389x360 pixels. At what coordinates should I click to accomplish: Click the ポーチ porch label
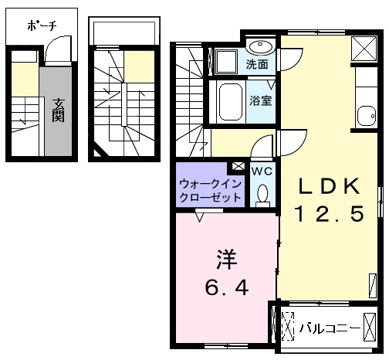pyautogui.click(x=42, y=25)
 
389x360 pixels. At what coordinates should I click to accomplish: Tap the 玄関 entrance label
pyautogui.click(x=59, y=110)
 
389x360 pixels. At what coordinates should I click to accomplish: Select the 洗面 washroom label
pyautogui.click(x=257, y=64)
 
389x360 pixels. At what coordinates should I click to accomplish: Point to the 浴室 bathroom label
pyautogui.click(x=261, y=100)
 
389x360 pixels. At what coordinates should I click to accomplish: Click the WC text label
pyautogui.click(x=262, y=171)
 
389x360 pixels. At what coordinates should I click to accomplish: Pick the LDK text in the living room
pyautogui.click(x=329, y=186)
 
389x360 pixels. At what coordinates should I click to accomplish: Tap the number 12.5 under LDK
pyautogui.click(x=330, y=213)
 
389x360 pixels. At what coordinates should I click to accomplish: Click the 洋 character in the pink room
pyautogui.click(x=226, y=260)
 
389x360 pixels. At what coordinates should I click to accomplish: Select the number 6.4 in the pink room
pyautogui.click(x=226, y=287)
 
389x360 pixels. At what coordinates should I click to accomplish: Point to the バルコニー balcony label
pyautogui.click(x=330, y=328)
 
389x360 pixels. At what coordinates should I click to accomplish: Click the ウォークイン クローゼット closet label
pyautogui.click(x=211, y=191)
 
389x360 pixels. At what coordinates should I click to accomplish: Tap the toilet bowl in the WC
pyautogui.click(x=262, y=195)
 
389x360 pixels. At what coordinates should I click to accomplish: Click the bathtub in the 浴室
pyautogui.click(x=230, y=102)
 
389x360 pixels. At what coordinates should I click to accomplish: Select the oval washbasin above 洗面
pyautogui.click(x=261, y=47)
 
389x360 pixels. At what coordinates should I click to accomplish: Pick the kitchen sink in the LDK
pyautogui.click(x=367, y=116)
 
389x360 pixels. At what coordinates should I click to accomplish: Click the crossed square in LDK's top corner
pyautogui.click(x=364, y=49)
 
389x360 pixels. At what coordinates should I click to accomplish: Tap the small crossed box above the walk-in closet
pyautogui.click(x=238, y=166)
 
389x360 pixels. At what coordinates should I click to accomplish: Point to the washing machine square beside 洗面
pyautogui.click(x=227, y=62)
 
